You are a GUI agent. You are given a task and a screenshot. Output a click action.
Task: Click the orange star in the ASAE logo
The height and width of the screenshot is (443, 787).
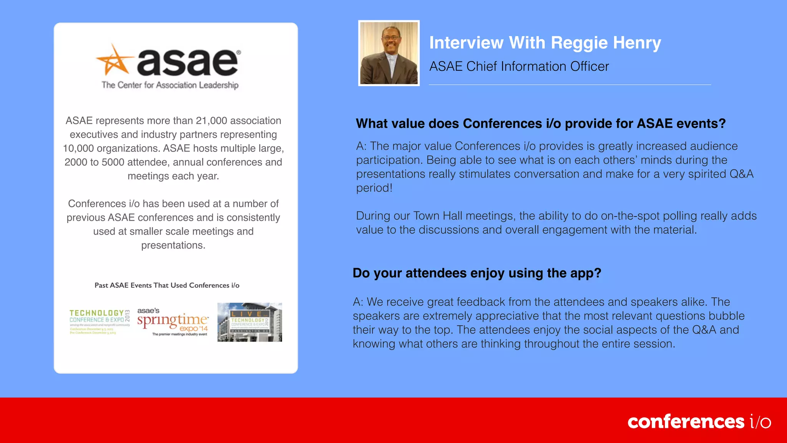point(114,61)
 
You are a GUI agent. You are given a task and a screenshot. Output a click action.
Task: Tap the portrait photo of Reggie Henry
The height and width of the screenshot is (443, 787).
point(389,53)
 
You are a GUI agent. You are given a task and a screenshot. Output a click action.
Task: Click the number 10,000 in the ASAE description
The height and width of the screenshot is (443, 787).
point(78,148)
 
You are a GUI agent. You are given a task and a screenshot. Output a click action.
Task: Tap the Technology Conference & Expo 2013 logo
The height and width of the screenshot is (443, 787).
point(100,321)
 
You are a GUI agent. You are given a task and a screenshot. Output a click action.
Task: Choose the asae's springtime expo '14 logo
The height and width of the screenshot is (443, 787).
point(173,321)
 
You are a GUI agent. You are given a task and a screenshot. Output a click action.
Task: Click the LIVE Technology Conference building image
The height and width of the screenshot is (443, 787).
point(249,322)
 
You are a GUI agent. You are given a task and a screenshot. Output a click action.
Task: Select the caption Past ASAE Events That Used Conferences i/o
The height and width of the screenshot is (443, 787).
point(167,285)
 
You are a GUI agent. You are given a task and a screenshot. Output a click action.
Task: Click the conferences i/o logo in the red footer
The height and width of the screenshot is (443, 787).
point(699,421)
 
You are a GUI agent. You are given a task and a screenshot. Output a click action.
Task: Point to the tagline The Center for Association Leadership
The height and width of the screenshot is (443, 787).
point(170,85)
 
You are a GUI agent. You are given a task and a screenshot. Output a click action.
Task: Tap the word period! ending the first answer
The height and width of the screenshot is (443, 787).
point(374,188)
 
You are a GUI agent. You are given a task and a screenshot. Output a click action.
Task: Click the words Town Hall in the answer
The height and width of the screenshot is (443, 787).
point(437,216)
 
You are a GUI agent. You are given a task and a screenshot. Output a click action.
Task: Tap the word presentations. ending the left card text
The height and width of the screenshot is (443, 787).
point(173,245)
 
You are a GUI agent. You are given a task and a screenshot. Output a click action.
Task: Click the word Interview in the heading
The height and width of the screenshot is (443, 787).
point(466,43)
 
